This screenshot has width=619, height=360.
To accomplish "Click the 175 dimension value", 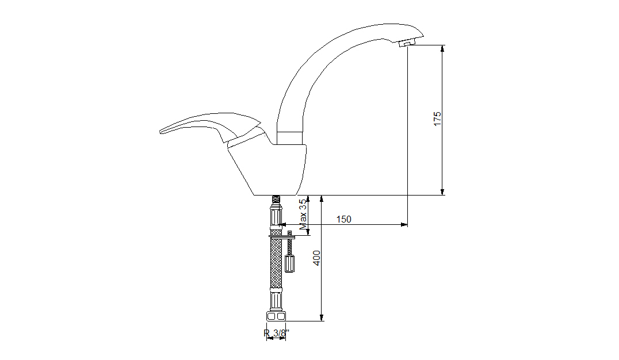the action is (x=437, y=119).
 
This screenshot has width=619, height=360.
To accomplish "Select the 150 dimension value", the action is (x=343, y=219).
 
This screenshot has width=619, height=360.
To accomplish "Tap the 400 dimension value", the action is (x=317, y=258).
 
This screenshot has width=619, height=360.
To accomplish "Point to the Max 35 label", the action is (x=303, y=215).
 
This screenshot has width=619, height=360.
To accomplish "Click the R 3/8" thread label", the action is (x=276, y=333).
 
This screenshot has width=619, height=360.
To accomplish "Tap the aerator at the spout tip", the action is (x=408, y=42).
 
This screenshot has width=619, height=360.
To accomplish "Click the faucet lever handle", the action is (x=211, y=127).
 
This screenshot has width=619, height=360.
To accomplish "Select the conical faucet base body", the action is (x=269, y=170).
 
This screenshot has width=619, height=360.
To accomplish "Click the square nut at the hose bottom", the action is (x=276, y=316).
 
